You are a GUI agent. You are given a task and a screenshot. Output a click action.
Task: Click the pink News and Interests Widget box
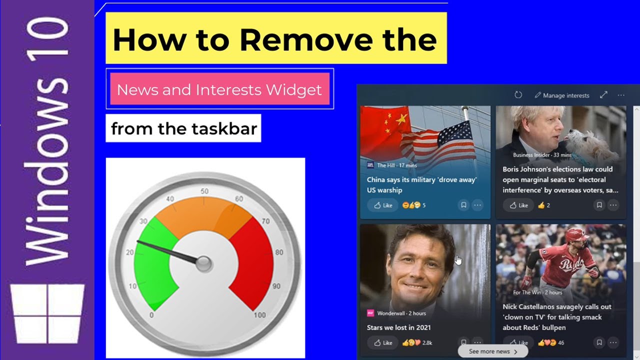coord(219,90)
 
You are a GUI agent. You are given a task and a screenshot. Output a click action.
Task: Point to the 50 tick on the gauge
coord(204,191)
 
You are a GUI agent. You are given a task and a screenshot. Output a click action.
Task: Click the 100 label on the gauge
coord(259,315)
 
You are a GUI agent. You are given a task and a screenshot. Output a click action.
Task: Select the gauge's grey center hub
coord(204,263)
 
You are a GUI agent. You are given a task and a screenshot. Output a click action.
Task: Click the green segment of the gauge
coord(152,265)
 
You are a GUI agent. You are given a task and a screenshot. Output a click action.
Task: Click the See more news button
coord(493,351)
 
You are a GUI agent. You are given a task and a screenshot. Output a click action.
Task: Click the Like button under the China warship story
coord(383,205)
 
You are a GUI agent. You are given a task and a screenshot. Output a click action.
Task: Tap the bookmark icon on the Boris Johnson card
coord(599,205)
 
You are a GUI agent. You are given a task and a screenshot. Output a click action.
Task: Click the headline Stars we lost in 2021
coord(398,327)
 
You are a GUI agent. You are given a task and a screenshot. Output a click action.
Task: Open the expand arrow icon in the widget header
coord(603,95)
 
